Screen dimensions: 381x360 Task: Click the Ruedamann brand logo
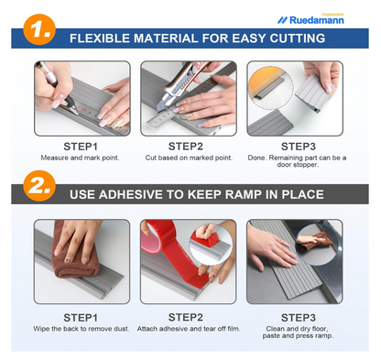coord(310,20)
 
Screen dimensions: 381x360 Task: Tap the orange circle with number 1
coord(39,29)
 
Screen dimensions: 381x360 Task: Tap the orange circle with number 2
coord(39,186)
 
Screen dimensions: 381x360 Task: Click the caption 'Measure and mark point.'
coord(80,158)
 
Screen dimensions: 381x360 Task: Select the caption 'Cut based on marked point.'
coord(189,158)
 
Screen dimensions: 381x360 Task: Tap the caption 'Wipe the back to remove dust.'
coord(82,329)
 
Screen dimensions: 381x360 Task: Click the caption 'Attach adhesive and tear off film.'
coord(189,329)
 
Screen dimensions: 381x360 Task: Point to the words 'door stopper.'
coord(298,165)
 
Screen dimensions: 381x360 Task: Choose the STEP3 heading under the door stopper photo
coord(299,147)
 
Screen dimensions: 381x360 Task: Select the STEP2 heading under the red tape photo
coord(186,318)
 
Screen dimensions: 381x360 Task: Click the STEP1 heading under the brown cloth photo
coord(81,318)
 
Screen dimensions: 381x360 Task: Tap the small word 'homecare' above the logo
coord(332,14)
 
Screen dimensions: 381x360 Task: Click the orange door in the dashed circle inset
coord(263,81)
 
